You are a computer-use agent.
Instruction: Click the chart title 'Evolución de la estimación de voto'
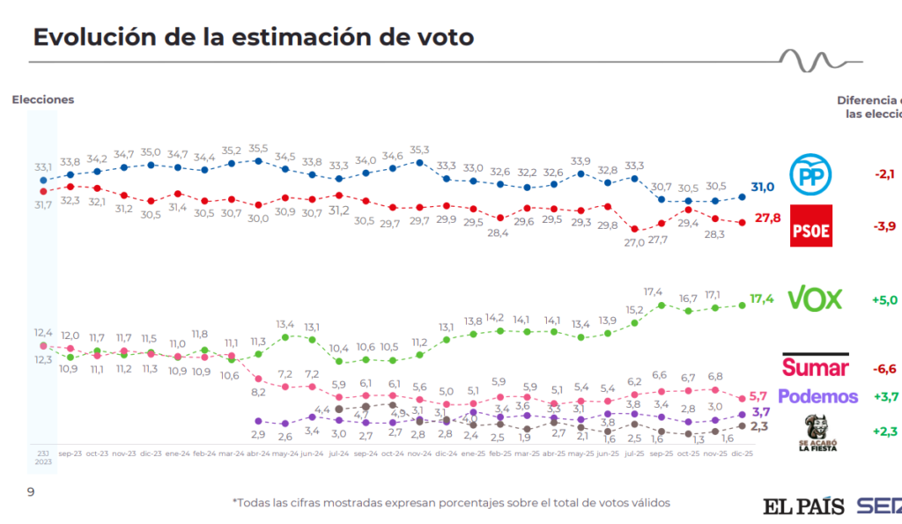pyautogui.click(x=253, y=37)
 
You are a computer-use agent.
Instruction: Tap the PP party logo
pyautogui.click(x=810, y=173)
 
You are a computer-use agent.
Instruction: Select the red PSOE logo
pyautogui.click(x=810, y=225)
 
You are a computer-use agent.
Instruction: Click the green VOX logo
pyautogui.click(x=813, y=299)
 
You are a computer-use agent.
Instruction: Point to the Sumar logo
pyautogui.click(x=815, y=366)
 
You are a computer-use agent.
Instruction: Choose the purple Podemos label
pyautogui.click(x=817, y=396)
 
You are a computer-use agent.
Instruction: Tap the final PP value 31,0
pyautogui.click(x=762, y=187)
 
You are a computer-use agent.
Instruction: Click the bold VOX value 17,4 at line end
pyautogui.click(x=763, y=299)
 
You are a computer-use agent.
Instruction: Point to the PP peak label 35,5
pyautogui.click(x=259, y=149)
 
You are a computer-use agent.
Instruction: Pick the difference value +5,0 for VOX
pyautogui.click(x=884, y=299)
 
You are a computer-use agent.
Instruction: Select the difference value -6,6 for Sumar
pyautogui.click(x=884, y=368)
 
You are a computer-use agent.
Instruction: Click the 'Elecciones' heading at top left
pyautogui.click(x=42, y=100)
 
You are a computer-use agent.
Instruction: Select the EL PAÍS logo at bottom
pyautogui.click(x=802, y=506)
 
